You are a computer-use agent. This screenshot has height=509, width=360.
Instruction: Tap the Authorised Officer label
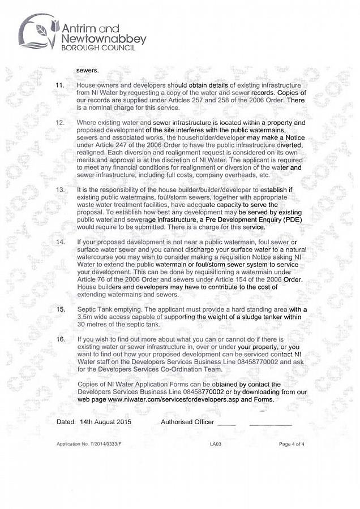point(187,422)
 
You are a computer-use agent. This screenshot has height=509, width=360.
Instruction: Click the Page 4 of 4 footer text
point(292,444)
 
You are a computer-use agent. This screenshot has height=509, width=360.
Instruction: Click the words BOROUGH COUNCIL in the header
point(98,49)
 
